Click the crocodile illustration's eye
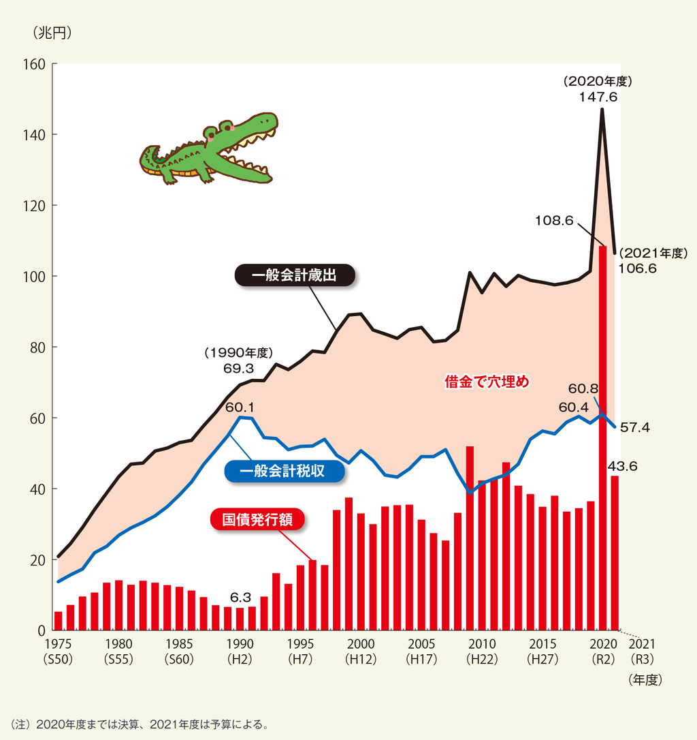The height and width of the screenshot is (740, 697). click(x=212, y=134)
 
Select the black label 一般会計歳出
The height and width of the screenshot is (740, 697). click(x=295, y=276)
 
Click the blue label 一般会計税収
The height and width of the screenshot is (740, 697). click(x=284, y=472)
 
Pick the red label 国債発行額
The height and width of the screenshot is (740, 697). click(x=257, y=520)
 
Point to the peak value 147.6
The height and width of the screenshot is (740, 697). click(x=598, y=97)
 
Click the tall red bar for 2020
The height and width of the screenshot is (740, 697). click(x=602, y=436)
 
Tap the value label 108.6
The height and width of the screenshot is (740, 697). click(x=555, y=220)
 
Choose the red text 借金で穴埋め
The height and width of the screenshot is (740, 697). click(x=487, y=382)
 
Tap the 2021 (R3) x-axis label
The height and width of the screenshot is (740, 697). click(x=642, y=651)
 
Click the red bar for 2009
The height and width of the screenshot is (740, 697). click(x=470, y=538)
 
